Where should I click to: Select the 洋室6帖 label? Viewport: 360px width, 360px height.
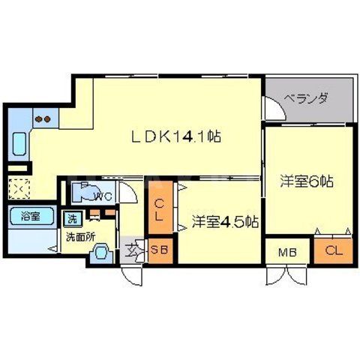[307, 181]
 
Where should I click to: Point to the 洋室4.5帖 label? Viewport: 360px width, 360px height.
[225, 222]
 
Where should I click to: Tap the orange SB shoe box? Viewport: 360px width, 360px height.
[159, 250]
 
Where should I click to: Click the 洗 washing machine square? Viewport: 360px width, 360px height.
[73, 219]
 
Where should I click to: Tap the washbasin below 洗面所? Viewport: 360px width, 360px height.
[99, 253]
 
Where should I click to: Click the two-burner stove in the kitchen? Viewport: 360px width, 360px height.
[42, 118]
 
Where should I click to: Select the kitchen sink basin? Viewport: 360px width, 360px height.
[19, 142]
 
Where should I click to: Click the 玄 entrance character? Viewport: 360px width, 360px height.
[133, 249]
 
